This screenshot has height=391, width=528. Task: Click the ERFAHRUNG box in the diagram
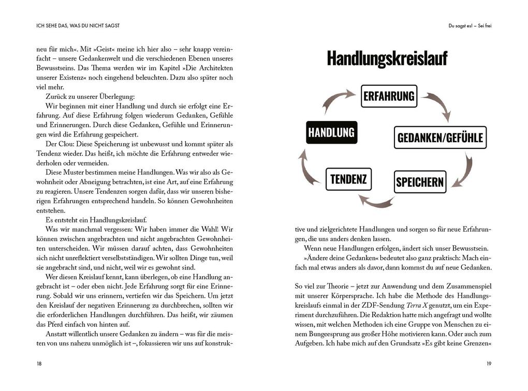click(389, 96)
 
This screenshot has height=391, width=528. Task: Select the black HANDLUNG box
click(331, 132)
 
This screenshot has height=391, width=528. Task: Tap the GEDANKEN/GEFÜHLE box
click(440, 138)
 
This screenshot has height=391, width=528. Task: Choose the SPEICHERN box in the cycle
click(419, 182)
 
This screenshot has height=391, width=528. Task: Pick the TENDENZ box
click(348, 179)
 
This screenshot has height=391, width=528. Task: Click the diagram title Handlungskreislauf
click(387, 59)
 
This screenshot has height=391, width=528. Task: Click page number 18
click(39, 364)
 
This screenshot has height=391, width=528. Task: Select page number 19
click(489, 364)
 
